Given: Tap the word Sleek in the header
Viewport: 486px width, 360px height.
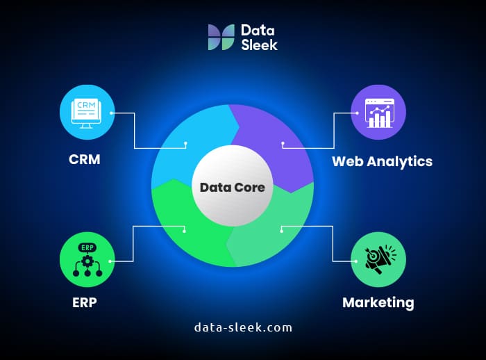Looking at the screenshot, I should [x=259, y=45].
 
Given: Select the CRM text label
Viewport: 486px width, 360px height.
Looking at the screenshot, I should [x=84, y=159].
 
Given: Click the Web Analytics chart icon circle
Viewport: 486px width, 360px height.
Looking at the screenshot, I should [x=378, y=111].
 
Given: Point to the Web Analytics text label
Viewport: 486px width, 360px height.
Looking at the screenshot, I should [x=382, y=161].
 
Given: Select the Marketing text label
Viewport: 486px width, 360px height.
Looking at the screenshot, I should [x=378, y=302].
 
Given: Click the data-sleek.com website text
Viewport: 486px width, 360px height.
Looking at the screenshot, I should [x=243, y=327].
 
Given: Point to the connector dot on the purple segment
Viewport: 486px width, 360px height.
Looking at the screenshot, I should [x=283, y=144].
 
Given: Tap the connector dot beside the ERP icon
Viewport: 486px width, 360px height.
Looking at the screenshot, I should [x=111, y=261].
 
